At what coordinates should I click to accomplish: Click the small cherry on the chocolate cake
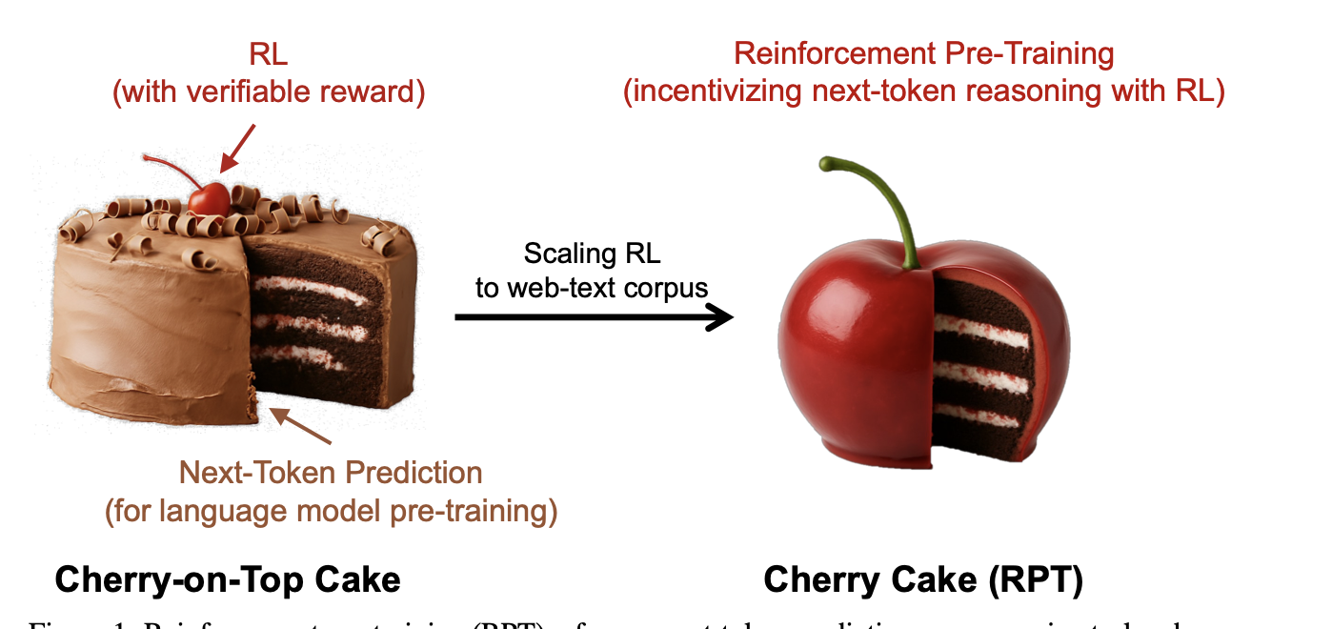(x=209, y=198)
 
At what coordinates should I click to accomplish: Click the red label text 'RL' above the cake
(x=268, y=55)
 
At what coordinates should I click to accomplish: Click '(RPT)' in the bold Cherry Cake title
(x=1036, y=578)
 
